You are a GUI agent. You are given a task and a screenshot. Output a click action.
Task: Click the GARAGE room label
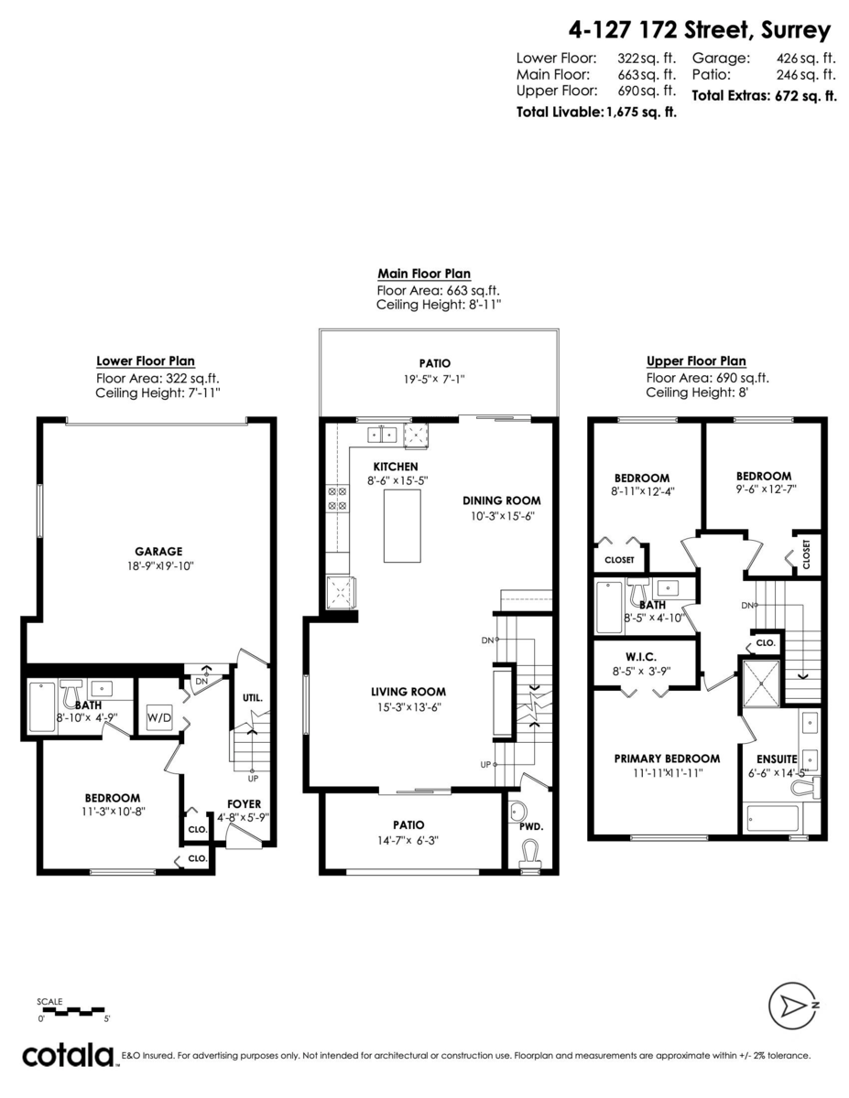[158, 551]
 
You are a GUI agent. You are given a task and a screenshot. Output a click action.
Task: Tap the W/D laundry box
[159, 719]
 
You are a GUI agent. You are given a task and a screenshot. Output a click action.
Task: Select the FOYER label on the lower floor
[245, 804]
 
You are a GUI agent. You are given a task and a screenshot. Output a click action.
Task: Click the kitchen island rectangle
[402, 526]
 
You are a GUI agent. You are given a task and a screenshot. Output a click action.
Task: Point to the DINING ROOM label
[501, 501]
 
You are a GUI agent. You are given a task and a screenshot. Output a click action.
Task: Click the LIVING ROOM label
[408, 692]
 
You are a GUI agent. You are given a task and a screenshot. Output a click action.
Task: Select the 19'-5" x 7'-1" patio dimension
[436, 378]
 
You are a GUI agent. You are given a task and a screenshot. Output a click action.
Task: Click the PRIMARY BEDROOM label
[667, 758]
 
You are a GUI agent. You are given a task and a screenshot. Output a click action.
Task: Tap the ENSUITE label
[777, 759]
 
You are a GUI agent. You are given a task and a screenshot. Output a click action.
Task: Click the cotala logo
[69, 1055]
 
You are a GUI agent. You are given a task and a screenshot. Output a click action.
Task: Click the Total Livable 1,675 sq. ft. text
[595, 113]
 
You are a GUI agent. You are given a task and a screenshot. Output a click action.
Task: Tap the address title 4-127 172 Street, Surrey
[700, 30]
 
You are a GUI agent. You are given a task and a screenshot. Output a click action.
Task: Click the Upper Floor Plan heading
[696, 361]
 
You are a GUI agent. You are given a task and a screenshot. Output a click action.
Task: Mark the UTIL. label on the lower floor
[253, 698]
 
